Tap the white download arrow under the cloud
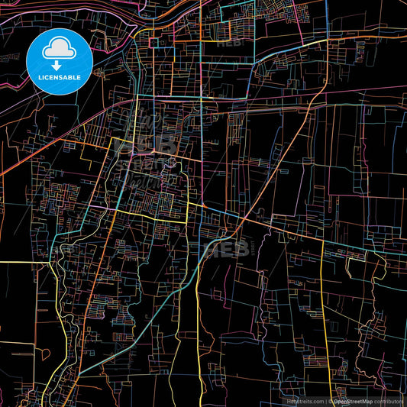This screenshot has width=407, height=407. pyautogui.click(x=58, y=66)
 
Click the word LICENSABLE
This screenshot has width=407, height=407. pyautogui.click(x=59, y=77)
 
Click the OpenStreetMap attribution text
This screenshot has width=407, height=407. pyautogui.click(x=353, y=401)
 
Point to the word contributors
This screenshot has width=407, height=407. pyautogui.click(x=389, y=401)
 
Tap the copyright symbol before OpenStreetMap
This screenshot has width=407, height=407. pyautogui.click(x=331, y=401)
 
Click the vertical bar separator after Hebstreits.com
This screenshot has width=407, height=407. pyautogui.click(x=325, y=401)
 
